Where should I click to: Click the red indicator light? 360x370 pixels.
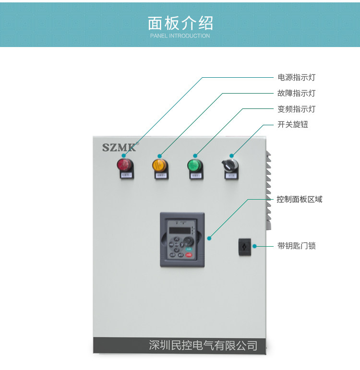click(x=124, y=165)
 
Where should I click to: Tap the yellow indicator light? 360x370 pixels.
click(x=159, y=165)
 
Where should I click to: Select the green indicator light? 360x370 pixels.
click(x=194, y=166)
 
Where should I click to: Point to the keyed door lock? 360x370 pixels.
click(x=245, y=246)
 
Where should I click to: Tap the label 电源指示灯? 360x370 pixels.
click(x=297, y=77)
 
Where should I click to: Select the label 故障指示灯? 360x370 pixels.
click(x=297, y=93)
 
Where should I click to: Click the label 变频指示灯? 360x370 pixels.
click(x=297, y=109)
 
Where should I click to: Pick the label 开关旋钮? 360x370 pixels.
click(x=293, y=125)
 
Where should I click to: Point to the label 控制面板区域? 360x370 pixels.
click(x=300, y=199)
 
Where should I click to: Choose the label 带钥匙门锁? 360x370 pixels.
click(x=297, y=246)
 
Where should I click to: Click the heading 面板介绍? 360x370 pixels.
click(x=180, y=23)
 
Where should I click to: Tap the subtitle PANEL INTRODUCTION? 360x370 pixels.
click(x=180, y=36)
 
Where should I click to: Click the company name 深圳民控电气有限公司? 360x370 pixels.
click(x=203, y=346)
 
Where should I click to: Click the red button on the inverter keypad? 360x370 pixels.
click(x=188, y=255)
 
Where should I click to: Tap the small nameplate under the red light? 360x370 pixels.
click(x=125, y=176)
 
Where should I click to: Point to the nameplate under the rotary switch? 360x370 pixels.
click(x=231, y=176)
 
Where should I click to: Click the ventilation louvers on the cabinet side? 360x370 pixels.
click(x=269, y=190)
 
